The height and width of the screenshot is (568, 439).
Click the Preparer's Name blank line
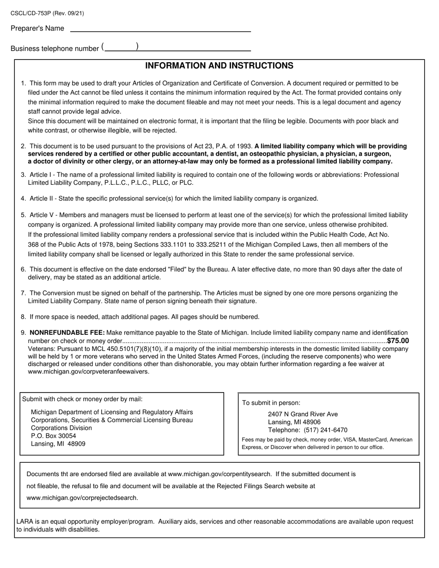point(160,28)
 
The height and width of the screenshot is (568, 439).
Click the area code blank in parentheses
point(120,47)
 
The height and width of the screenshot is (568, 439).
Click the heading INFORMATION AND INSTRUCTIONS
point(219,66)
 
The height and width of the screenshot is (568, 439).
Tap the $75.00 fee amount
point(398,341)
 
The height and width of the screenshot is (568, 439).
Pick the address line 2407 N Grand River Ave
point(303,414)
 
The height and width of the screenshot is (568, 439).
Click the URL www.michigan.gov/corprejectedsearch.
point(82,498)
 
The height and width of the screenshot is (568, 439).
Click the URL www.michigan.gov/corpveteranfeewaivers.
point(88,372)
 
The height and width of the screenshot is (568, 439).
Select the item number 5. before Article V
point(24,215)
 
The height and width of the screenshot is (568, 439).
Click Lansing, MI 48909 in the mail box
point(58,444)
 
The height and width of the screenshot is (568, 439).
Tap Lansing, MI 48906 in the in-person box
point(294,422)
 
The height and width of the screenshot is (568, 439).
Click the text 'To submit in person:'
point(271,403)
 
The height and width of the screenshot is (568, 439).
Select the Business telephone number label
point(55,48)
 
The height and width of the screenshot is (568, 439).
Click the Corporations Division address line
point(61,428)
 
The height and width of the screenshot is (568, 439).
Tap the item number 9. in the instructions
point(24,333)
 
